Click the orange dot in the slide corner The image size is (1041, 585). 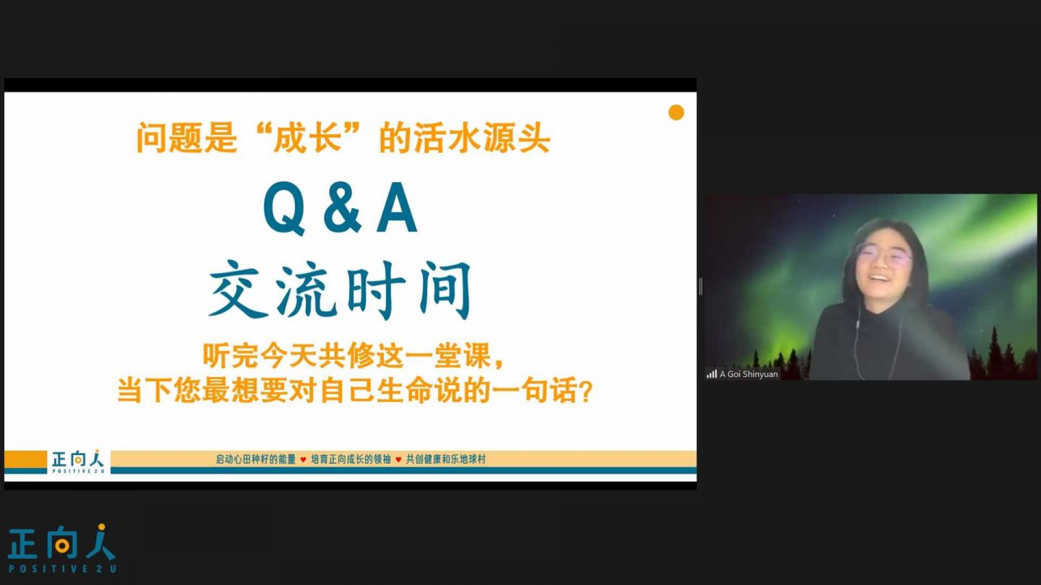click(676, 113)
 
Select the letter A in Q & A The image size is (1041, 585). click(396, 207)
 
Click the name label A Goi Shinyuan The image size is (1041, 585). click(749, 374)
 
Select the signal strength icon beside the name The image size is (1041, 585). click(711, 374)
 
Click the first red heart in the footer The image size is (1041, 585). click(303, 459)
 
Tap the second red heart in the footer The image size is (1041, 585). click(398, 459)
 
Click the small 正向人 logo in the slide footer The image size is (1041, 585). click(77, 461)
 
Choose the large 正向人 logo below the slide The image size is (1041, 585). click(61, 542)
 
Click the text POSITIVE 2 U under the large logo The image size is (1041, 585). click(62, 569)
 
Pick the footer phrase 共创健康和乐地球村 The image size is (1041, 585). click(445, 459)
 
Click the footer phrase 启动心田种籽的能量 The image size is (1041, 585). click(256, 459)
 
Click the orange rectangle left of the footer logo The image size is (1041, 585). click(25, 459)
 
